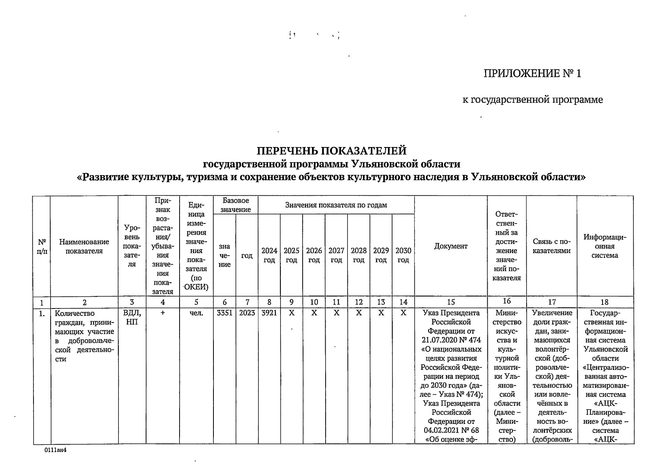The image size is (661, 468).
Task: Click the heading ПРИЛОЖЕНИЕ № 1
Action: point(532,73)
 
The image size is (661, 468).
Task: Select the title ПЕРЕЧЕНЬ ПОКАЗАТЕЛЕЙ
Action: point(331,151)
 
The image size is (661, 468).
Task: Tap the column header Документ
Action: point(451,246)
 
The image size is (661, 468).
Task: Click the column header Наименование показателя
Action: point(84,246)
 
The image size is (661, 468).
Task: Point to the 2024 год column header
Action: point(269,255)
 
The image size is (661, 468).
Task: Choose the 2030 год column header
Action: point(403,255)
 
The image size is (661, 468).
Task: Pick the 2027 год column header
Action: point(336,255)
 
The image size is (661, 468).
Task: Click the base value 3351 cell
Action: point(224,313)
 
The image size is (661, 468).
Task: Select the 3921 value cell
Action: point(269,313)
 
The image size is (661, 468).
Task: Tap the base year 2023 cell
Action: point(247,313)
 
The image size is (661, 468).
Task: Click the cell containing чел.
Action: point(196,313)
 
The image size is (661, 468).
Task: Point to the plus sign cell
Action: point(162,313)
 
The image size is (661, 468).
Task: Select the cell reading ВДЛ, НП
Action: point(132,317)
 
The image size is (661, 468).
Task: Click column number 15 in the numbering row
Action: point(451,302)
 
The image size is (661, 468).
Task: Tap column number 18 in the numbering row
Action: point(605,302)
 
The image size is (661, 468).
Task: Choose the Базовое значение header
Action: point(236,205)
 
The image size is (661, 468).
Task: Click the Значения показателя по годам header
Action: point(336,205)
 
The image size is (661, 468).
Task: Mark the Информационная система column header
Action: point(605,246)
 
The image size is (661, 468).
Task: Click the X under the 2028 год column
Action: point(359,313)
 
